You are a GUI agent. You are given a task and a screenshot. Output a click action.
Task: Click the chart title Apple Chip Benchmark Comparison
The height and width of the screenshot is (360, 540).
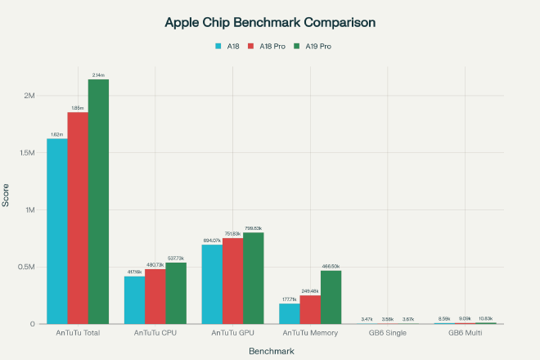click(x=270, y=22)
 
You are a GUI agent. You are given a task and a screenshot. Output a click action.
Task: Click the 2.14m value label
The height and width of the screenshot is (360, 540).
click(x=98, y=74)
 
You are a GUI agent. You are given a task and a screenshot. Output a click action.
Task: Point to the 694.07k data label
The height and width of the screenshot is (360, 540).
click(x=213, y=240)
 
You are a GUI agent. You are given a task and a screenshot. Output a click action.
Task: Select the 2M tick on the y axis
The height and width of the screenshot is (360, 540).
click(x=29, y=96)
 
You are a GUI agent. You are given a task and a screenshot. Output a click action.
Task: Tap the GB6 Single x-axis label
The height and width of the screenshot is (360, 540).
click(x=388, y=333)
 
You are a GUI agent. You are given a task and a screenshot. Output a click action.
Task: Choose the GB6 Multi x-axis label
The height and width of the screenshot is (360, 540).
click(x=466, y=333)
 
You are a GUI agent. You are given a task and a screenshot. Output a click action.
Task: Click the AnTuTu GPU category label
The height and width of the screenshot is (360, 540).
click(x=233, y=333)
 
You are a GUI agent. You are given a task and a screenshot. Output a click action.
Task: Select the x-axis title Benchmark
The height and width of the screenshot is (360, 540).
click(x=271, y=350)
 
